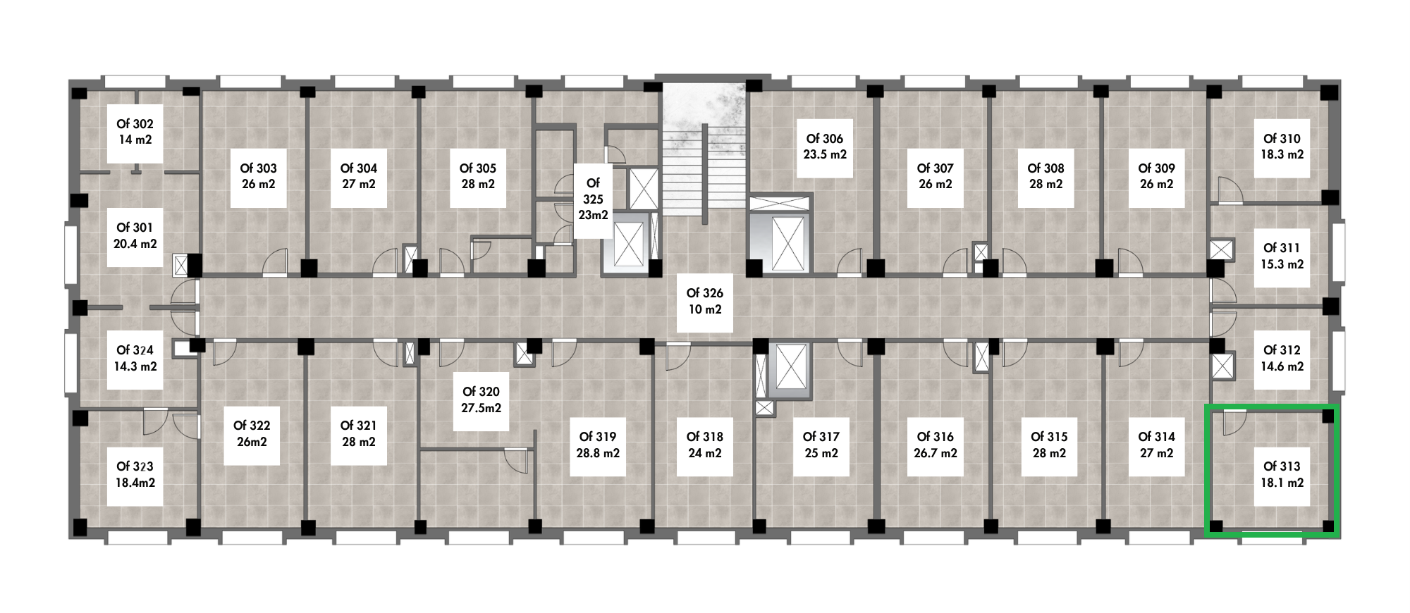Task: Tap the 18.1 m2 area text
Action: (x=1282, y=483)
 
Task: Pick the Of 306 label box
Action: (x=825, y=147)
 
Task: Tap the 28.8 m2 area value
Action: (x=598, y=454)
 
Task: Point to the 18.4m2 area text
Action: (x=135, y=483)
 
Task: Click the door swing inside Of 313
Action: (x=1234, y=423)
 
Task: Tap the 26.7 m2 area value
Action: (x=936, y=454)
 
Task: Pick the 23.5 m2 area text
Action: (x=825, y=154)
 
